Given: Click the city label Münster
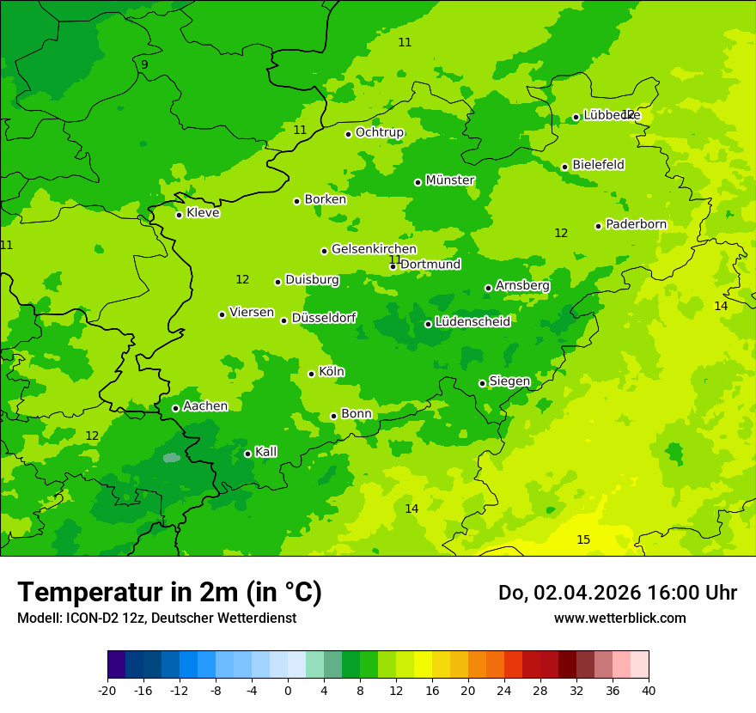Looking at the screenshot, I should pyautogui.click(x=450, y=180).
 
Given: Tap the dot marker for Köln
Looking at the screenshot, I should pyautogui.click(x=311, y=374).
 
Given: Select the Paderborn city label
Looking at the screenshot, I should pyautogui.click(x=636, y=224).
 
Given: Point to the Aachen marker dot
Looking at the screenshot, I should pyautogui.click(x=175, y=408).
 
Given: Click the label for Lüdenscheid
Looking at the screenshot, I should pyautogui.click(x=472, y=322).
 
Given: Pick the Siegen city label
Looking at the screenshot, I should pyautogui.click(x=509, y=381).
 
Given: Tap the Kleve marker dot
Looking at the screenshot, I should pyautogui.click(x=179, y=215).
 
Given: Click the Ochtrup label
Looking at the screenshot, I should pyautogui.click(x=379, y=132).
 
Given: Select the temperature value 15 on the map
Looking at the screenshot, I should pyautogui.click(x=583, y=539).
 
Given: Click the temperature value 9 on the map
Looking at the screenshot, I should pyautogui.click(x=144, y=64).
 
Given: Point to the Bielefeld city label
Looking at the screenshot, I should pyautogui.click(x=598, y=165).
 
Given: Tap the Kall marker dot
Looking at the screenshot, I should pyautogui.click(x=247, y=454).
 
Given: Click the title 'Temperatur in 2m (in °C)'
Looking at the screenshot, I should pyautogui.click(x=169, y=592).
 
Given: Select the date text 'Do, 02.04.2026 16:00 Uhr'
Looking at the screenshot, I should pyautogui.click(x=618, y=593).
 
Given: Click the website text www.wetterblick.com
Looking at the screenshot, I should pyautogui.click(x=619, y=618).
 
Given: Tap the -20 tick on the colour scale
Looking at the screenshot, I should pyautogui.click(x=107, y=690).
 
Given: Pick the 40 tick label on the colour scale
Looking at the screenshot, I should pyautogui.click(x=649, y=690).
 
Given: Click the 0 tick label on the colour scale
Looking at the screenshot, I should pyautogui.click(x=288, y=690).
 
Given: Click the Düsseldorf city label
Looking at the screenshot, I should pyautogui.click(x=324, y=318).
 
